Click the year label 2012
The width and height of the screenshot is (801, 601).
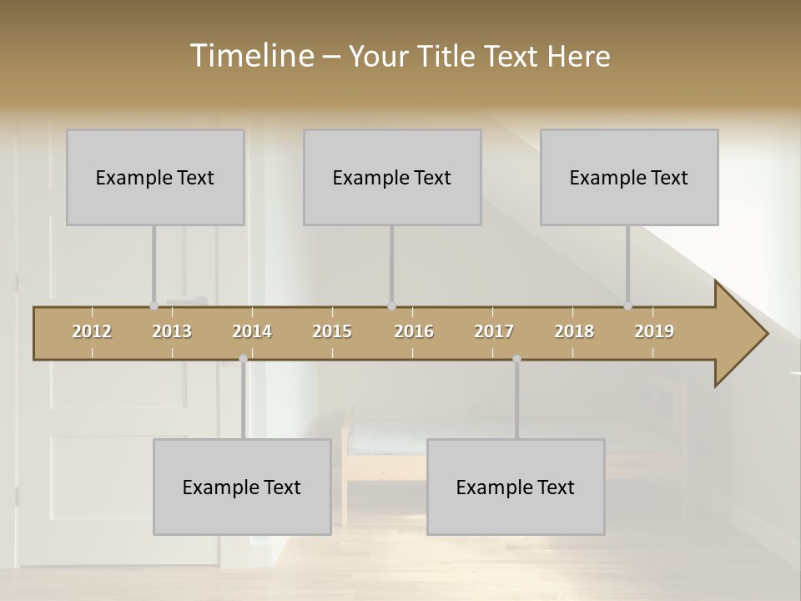92,331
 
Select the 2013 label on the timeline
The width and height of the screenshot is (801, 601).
172,331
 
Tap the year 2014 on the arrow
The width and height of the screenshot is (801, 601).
252,331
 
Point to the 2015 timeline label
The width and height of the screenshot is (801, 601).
332,331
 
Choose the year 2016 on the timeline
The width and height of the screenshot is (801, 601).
414,331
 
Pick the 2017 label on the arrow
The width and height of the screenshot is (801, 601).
494,331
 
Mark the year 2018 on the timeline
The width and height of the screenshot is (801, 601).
574,331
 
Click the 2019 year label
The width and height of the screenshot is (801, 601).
654,331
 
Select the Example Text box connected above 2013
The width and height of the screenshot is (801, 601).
155,177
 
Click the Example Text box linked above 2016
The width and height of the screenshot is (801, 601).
392,177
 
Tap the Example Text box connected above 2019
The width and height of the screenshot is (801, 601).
629,177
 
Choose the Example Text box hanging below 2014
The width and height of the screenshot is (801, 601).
242,487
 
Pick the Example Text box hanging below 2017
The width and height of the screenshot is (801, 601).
516,487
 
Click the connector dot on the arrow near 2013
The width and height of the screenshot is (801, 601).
154,306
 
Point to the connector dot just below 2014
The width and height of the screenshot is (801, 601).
243,359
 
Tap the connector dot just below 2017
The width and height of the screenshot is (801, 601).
516,359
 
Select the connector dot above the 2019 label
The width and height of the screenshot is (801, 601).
627,306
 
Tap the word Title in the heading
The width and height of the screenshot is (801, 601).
448,56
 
